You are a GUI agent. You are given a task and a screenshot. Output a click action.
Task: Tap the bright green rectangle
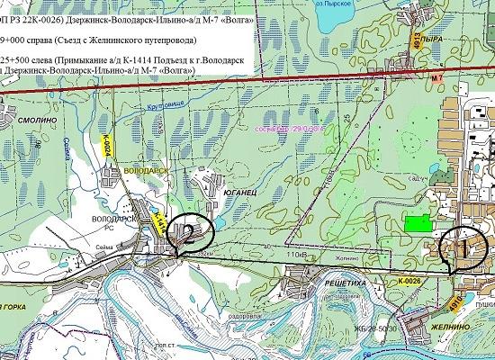point(417,223)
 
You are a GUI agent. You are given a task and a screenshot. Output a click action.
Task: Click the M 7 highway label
point(437,79)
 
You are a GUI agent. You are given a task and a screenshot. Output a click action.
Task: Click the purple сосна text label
point(272,131)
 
